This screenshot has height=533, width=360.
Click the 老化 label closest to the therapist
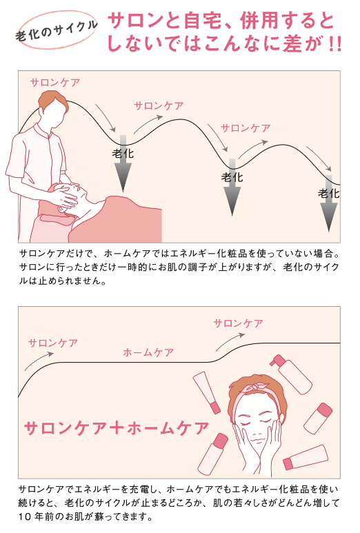pyautogui.click(x=123, y=153)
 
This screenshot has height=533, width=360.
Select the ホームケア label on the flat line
pyautogui.click(x=148, y=352)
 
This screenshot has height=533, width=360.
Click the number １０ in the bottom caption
pyautogui.click(x=28, y=516)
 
